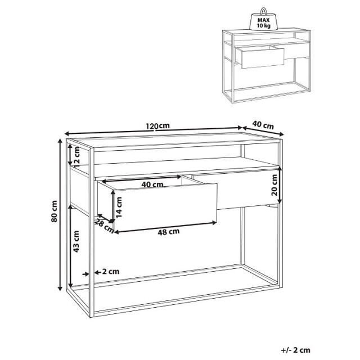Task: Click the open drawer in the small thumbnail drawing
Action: point(260,57)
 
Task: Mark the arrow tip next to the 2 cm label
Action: point(88,273)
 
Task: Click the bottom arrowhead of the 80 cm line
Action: point(60,290)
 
